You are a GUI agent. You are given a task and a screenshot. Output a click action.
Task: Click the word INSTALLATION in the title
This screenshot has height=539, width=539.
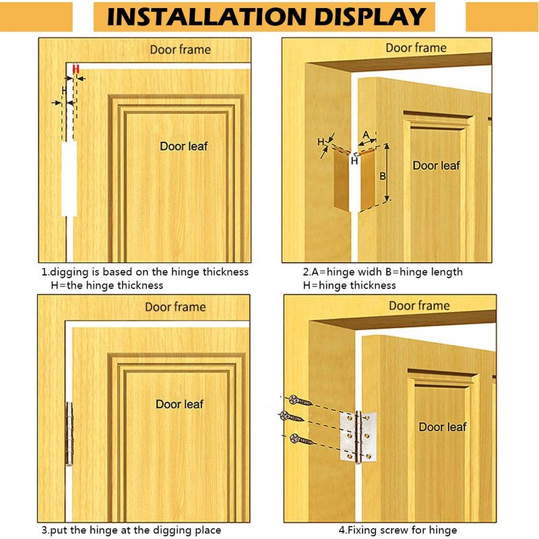click(x=206, y=16)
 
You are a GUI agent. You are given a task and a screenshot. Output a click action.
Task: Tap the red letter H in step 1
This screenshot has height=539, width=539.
click(x=76, y=69)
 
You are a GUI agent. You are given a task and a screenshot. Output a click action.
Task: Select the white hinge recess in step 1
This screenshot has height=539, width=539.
click(x=69, y=179)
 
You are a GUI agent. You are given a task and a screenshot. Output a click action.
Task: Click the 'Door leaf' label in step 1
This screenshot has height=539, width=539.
click(x=183, y=146)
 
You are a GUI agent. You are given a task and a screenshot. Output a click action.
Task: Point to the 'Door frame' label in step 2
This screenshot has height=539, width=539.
click(x=416, y=48)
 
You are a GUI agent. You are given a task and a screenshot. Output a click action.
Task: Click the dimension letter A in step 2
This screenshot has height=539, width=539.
click(x=366, y=134)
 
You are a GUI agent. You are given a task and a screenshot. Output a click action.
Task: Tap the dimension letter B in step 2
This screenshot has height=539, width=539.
click(x=383, y=177)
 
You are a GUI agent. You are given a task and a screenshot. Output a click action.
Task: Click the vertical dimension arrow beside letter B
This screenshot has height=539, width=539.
click(x=387, y=172)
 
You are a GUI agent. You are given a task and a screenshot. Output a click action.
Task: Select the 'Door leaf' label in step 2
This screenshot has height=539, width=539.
click(x=436, y=165)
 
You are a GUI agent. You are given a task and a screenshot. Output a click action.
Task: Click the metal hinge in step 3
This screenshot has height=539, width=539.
click(x=69, y=434)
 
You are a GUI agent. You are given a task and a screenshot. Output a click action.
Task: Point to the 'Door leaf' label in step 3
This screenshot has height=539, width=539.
click(x=179, y=404)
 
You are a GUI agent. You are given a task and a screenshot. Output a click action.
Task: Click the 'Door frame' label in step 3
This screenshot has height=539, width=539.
click(x=175, y=307)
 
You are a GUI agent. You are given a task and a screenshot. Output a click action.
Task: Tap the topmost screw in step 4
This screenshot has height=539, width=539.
click(x=300, y=400)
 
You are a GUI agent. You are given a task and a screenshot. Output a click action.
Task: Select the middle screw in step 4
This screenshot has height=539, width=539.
click(x=291, y=416)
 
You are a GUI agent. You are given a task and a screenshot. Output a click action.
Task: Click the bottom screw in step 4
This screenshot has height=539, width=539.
click(x=301, y=439)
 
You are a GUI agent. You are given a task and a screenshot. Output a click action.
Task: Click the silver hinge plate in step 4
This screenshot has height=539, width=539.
click(x=358, y=437)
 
